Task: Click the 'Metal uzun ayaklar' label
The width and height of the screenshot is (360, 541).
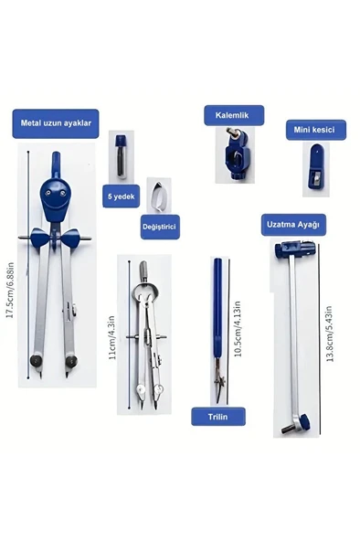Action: click(x=56, y=123)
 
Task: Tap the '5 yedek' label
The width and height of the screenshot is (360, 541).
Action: click(x=121, y=196)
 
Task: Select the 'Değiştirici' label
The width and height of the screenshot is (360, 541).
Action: click(x=160, y=227)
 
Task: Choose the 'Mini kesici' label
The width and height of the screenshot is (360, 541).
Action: click(x=314, y=130)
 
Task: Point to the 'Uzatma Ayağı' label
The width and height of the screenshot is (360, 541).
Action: click(x=293, y=224)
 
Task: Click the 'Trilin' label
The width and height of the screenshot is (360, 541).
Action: click(x=218, y=417)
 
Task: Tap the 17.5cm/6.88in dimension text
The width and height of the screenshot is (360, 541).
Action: click(x=10, y=290)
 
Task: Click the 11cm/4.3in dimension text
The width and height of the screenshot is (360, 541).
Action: click(x=111, y=337)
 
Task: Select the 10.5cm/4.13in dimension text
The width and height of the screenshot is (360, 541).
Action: click(x=238, y=329)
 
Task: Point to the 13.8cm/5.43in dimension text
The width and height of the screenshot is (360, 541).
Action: click(x=329, y=334)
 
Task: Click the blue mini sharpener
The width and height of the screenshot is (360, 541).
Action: click(x=316, y=169)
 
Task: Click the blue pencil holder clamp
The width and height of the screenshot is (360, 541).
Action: click(x=236, y=154)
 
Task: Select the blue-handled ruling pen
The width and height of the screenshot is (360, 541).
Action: click(x=218, y=330)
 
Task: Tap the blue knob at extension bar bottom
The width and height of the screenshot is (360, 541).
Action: click(x=304, y=420)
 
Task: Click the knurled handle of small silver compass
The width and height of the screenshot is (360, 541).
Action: click(x=143, y=269)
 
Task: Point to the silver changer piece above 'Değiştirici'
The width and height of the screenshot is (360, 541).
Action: click(x=159, y=196)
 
